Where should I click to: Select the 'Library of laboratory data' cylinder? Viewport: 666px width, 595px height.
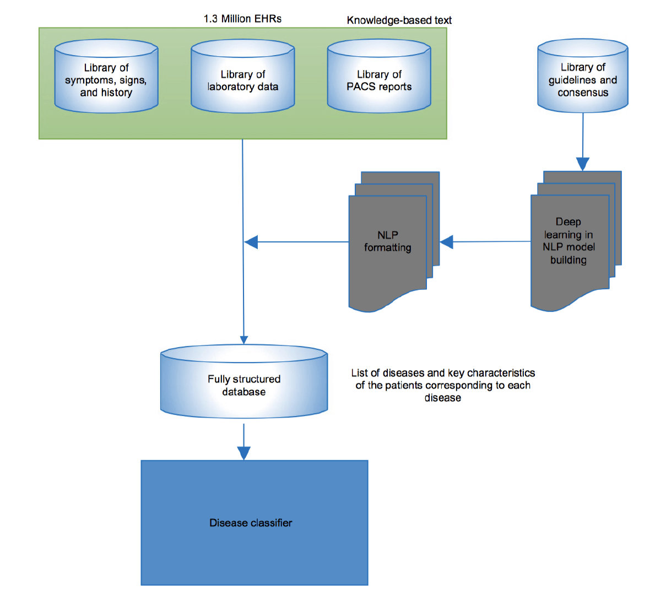[x=242, y=80]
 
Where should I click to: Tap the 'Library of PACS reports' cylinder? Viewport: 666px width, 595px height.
[x=379, y=80]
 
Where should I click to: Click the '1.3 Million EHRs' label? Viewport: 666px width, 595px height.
[x=242, y=19]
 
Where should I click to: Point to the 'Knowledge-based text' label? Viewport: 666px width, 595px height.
[x=399, y=20]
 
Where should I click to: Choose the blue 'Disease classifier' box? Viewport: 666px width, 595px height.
[x=254, y=522]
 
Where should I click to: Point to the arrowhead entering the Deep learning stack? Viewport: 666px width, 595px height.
[x=583, y=164]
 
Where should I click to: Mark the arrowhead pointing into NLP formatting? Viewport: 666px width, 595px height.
[x=447, y=242]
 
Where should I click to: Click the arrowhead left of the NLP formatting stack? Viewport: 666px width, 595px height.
[x=251, y=242]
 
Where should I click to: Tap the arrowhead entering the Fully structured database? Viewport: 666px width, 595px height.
[x=243, y=339]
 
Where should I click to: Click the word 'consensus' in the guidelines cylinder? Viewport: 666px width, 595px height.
[x=583, y=93]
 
